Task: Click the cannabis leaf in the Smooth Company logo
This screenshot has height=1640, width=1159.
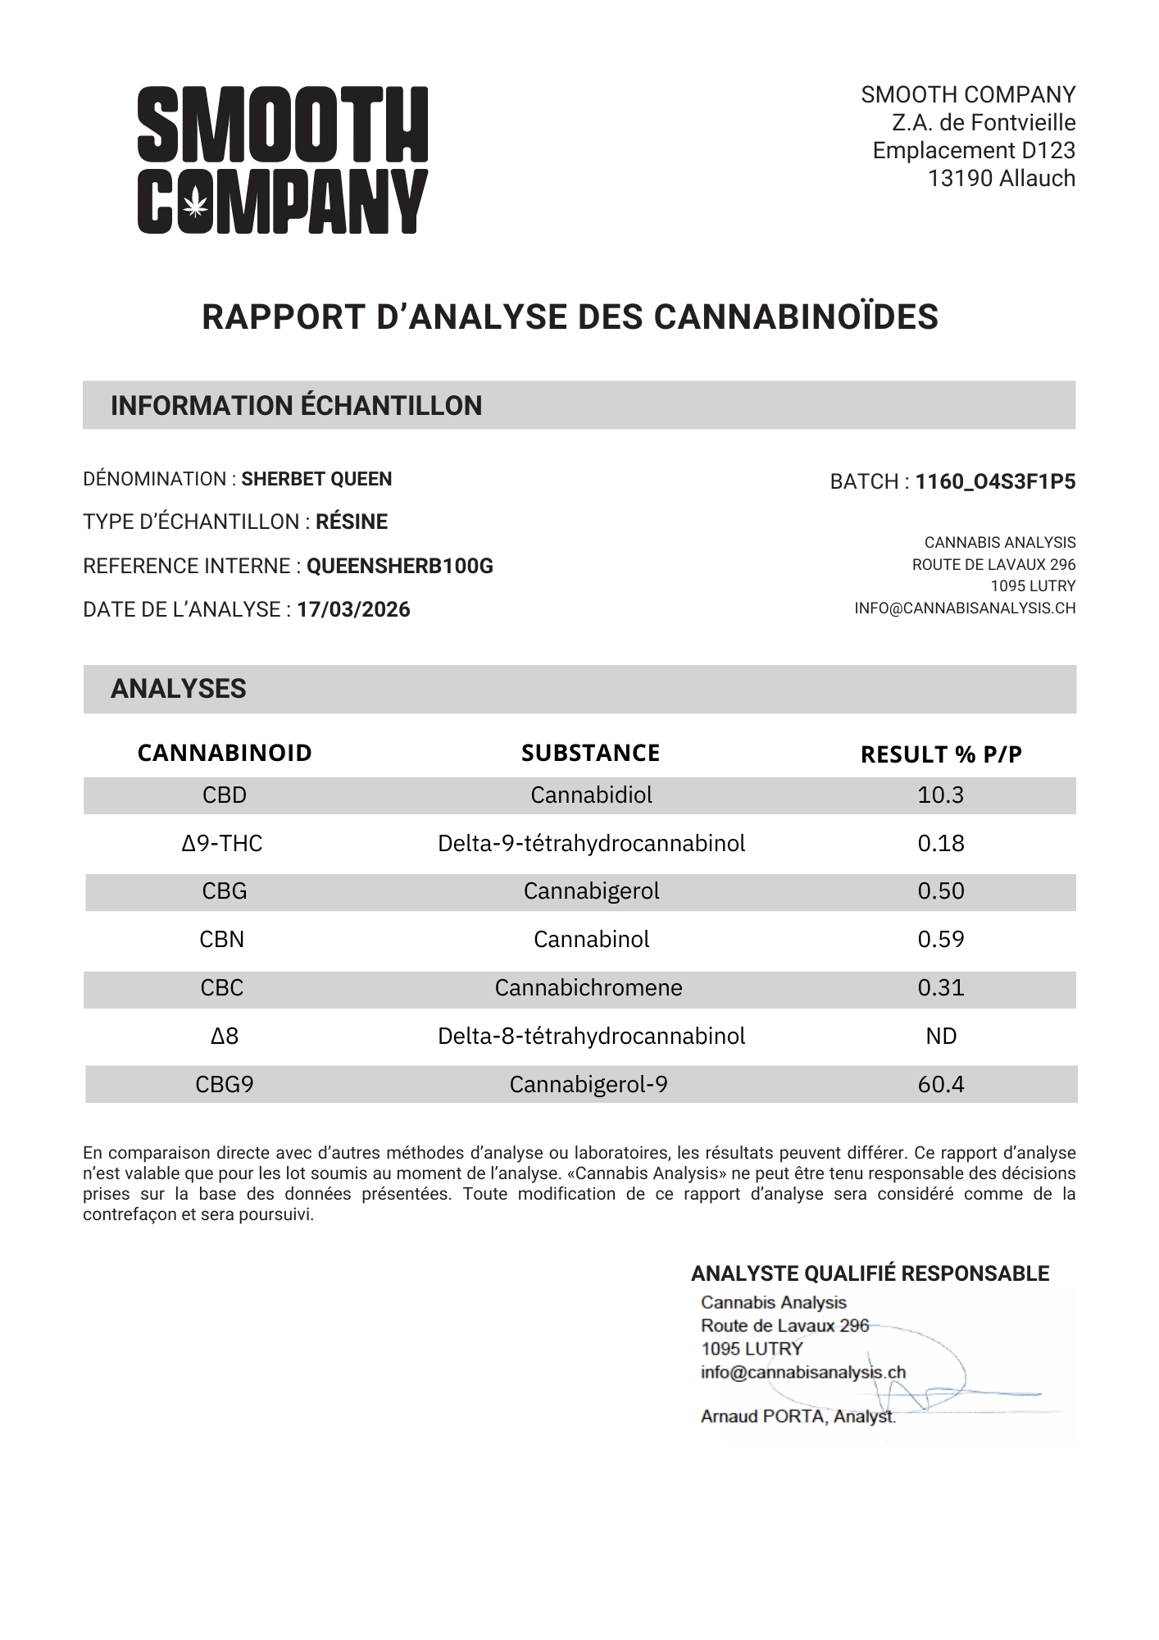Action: point(195,202)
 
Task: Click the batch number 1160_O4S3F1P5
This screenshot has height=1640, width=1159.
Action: point(995,481)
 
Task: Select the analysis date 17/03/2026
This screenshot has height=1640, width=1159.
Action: point(353,609)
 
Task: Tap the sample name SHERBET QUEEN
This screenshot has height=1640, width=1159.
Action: point(316,479)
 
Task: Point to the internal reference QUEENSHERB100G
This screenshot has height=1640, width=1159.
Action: point(400,566)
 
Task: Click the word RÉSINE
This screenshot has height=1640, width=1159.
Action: point(352,522)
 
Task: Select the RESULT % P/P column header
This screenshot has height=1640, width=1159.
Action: point(941,754)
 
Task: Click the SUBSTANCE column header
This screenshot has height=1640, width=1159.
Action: point(590,753)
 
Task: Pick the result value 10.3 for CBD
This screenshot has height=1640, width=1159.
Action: point(940,795)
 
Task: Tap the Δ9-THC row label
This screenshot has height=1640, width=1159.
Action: point(222,843)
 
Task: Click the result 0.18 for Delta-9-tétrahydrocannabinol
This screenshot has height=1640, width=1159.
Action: point(940,843)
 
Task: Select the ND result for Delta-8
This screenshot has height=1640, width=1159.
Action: point(941,1036)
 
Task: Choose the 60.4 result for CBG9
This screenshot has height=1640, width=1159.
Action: point(940,1084)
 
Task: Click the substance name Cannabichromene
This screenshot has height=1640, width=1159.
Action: point(589,987)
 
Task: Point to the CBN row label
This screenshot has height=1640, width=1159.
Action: point(222,939)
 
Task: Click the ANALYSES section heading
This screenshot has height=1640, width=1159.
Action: point(179,689)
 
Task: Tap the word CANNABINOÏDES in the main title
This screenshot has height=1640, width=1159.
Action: point(796,317)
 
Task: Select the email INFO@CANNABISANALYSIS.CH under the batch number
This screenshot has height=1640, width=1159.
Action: point(965,608)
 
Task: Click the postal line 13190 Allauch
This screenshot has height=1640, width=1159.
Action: point(1001,178)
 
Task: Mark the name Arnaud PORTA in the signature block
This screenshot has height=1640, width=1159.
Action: point(762,1416)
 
